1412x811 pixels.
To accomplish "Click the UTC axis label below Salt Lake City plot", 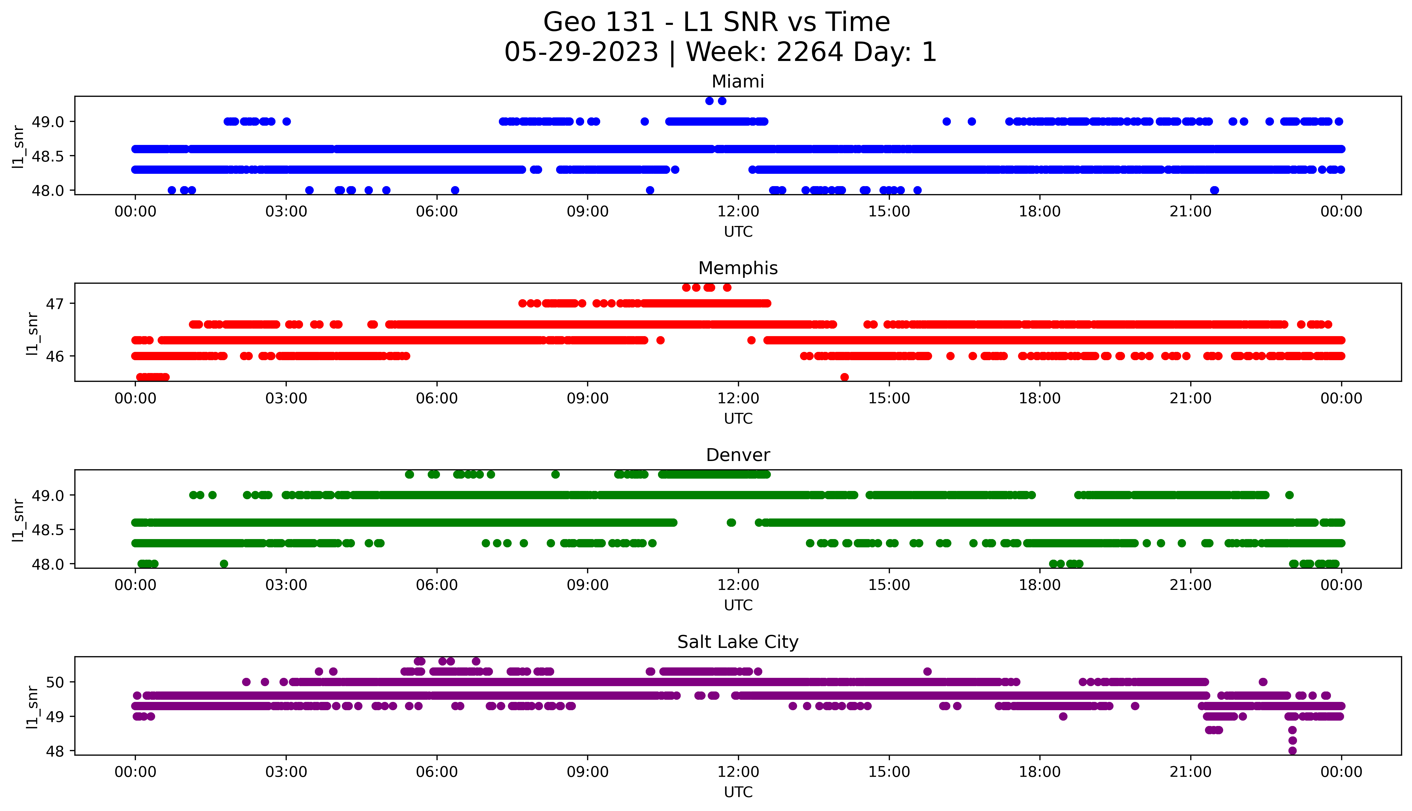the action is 738,792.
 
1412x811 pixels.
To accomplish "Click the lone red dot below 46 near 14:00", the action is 844,377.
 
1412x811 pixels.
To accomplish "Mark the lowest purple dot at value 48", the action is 1292,751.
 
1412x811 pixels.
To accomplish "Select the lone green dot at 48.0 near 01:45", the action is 224,564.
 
